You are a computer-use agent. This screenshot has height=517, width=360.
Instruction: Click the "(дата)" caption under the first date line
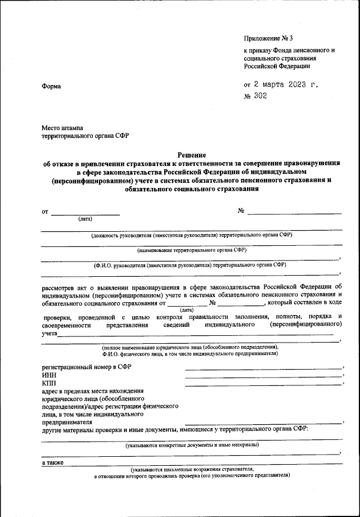[x=85, y=218]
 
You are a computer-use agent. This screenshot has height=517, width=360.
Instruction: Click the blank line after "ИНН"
[x=263, y=377]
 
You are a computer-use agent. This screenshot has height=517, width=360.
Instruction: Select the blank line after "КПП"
[x=263, y=384]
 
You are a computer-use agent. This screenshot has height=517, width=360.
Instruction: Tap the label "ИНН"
[x=49, y=376]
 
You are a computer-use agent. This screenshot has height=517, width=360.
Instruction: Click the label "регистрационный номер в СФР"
[x=87, y=367]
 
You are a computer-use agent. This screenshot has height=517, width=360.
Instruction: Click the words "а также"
[x=53, y=462]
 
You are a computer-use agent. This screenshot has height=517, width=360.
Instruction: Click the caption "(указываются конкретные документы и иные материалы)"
[x=192, y=444]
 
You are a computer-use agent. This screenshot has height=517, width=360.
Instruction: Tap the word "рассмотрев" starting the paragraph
[x=60, y=287]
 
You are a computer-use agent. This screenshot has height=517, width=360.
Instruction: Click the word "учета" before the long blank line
[x=50, y=334]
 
